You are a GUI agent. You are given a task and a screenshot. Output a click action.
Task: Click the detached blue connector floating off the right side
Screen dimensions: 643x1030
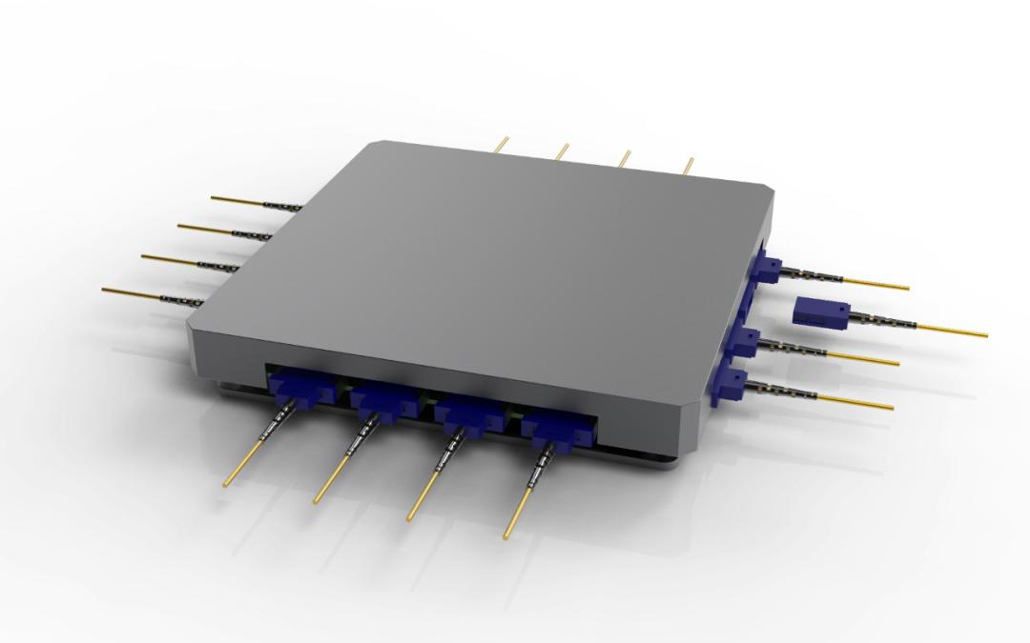(x=820, y=311)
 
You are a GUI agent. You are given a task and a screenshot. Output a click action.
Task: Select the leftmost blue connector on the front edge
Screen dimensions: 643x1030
(x=291, y=391)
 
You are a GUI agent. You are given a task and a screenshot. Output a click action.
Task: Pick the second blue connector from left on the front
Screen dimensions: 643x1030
(x=379, y=406)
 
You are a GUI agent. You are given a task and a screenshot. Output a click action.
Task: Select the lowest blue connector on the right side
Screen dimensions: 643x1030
(x=730, y=384)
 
